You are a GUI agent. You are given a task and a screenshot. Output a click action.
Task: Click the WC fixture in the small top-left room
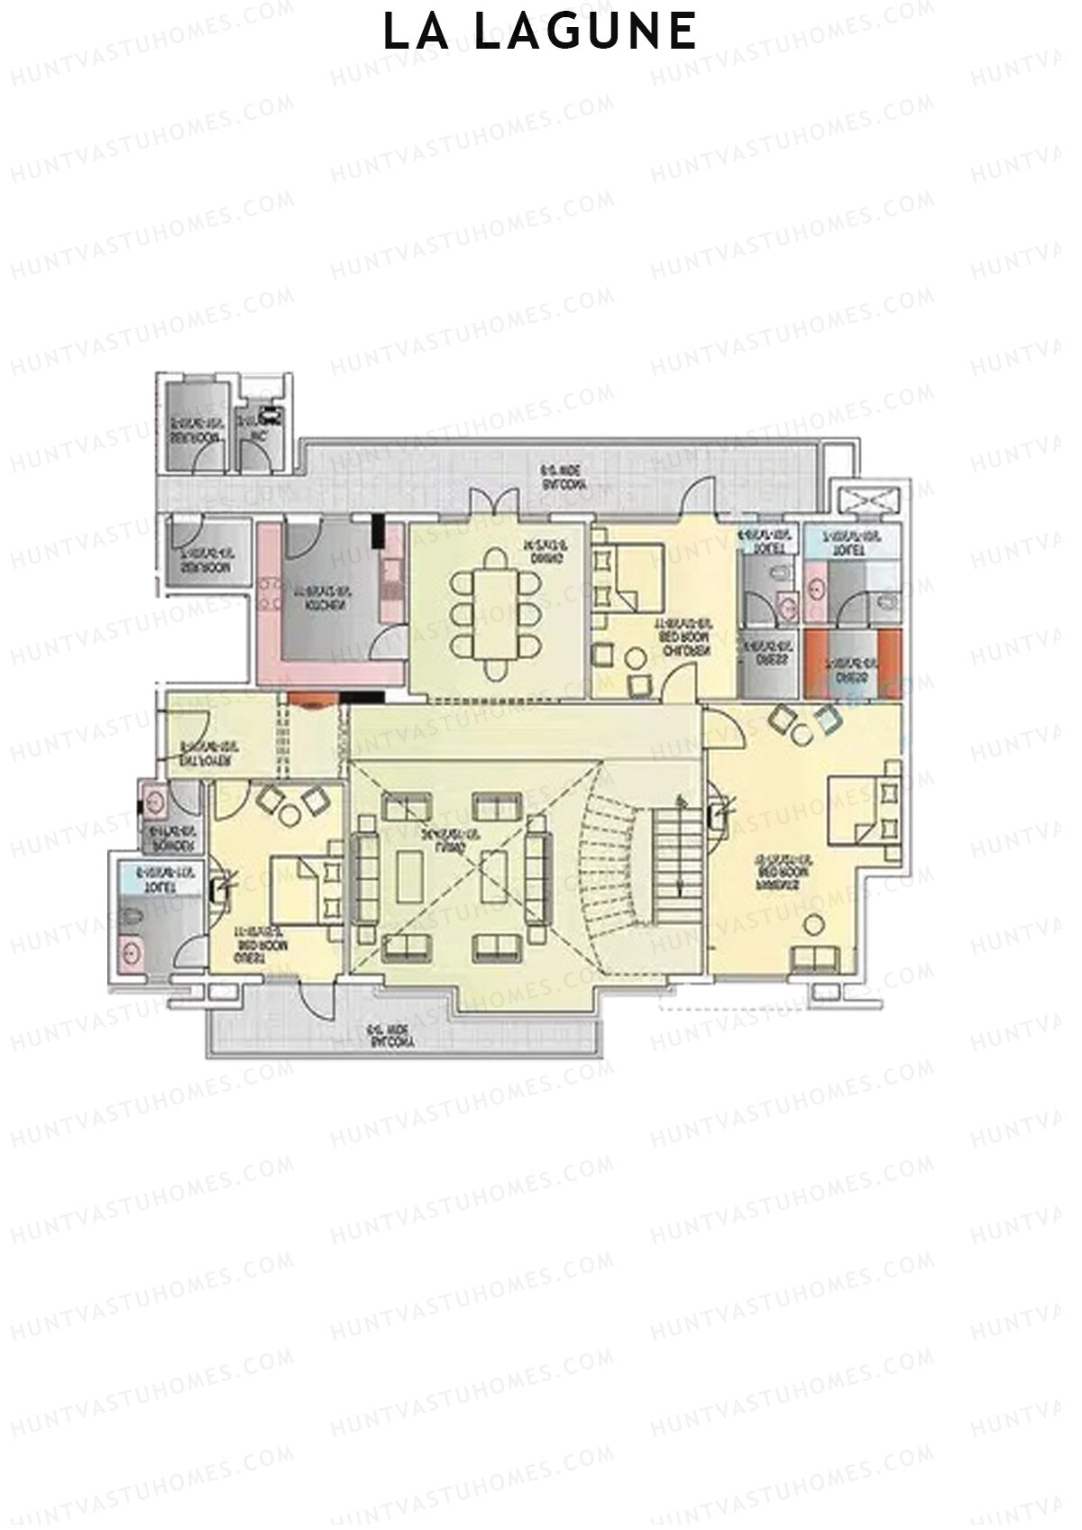269,418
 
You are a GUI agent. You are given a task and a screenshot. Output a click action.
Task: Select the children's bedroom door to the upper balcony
699,498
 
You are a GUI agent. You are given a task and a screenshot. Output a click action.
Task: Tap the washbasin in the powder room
154,799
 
